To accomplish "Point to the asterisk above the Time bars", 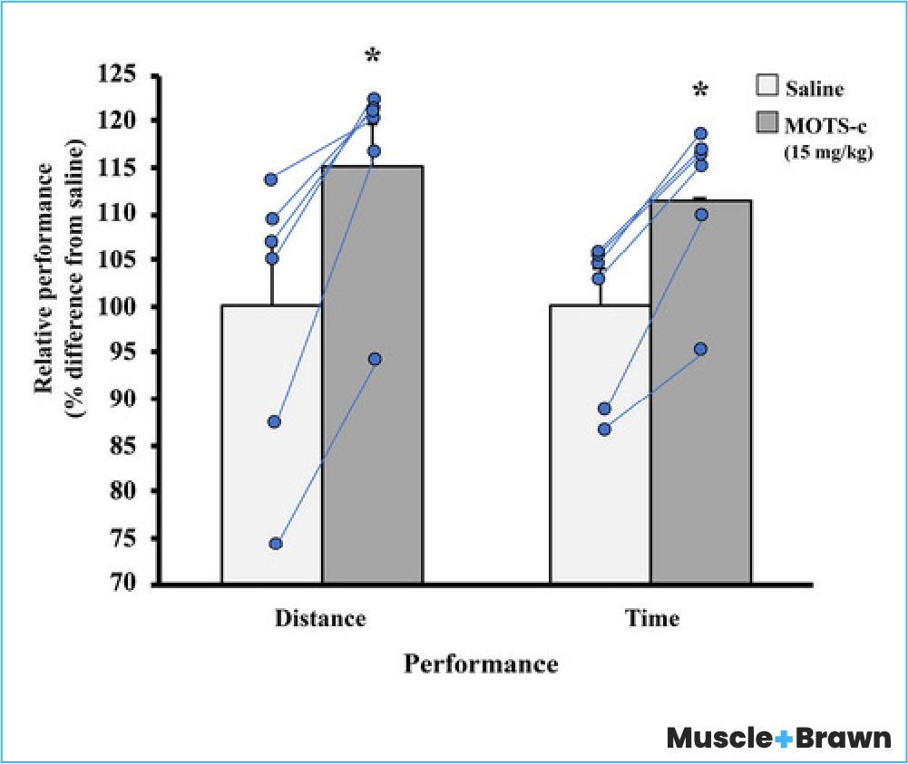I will (700, 91).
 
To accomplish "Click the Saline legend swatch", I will (767, 88).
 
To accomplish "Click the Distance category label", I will (321, 620).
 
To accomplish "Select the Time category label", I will (652, 620).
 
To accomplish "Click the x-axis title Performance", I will (481, 665).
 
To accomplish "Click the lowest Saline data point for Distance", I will (275, 544).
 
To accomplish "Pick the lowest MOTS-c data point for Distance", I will (375, 359).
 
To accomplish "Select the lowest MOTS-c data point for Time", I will (700, 349).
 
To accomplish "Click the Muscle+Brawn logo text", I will (779, 739).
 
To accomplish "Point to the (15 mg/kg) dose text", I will (828, 154).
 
